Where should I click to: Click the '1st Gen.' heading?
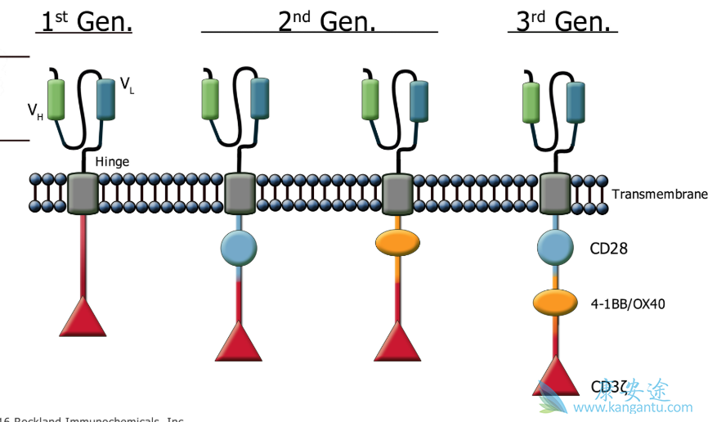click(x=86, y=21)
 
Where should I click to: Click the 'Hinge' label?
click(x=112, y=162)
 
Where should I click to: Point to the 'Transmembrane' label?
click(x=659, y=195)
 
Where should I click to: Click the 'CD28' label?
click(x=609, y=248)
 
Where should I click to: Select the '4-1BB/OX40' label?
click(x=628, y=304)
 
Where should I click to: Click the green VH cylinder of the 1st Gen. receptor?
click(x=56, y=99)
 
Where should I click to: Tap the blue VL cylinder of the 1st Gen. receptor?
click(x=105, y=98)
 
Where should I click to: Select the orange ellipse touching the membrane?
click(x=397, y=243)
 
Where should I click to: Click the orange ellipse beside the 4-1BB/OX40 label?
click(x=555, y=303)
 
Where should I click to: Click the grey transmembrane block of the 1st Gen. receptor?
click(x=83, y=193)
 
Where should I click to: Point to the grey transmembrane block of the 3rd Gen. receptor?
click(x=557, y=193)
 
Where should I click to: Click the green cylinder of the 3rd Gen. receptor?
click(x=532, y=102)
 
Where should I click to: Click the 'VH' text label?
click(x=35, y=110)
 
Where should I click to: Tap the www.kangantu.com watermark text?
click(x=643, y=407)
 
